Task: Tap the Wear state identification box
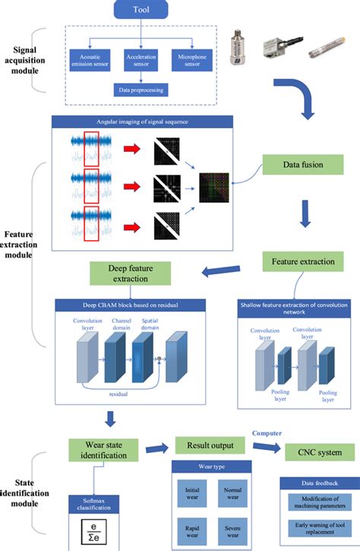pos(106,449)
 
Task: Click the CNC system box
pos(318,453)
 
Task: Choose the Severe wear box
pos(233,529)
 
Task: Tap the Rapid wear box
pos(192,529)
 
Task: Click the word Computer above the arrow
pos(268,433)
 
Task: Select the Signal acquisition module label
pos(25,59)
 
